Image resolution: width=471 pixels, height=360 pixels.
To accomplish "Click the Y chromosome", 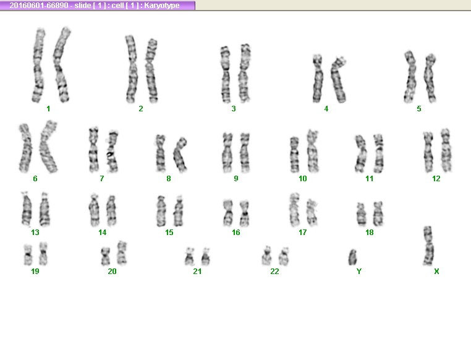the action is pos(352,257).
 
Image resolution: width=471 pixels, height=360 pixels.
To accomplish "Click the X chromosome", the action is pos(428,246).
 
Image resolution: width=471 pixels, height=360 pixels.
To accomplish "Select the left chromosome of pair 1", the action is pos(38,65).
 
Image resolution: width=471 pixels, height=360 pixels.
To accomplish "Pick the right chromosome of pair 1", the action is pos(61,64).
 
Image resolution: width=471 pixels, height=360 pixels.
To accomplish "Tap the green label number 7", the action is pos(102,179).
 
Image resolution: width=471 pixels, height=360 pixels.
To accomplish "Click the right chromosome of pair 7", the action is pos(112,152).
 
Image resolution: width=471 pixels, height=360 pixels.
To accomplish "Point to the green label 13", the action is pos(35,233).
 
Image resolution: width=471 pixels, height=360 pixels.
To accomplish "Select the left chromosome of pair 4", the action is pos(318,79).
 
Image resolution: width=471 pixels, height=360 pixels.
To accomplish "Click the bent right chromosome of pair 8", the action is pos(180,155).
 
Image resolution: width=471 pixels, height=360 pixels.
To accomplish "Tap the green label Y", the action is pos(359,272).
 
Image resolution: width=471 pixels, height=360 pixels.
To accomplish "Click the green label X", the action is pos(436,272).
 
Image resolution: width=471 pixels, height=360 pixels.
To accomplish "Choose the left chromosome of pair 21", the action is pos(189,257).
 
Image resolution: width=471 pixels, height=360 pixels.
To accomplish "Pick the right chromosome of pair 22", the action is pos(284,256).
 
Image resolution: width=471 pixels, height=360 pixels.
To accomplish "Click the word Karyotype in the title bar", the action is pos(162,6).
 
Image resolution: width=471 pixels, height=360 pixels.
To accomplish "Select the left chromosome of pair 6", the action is pos(25,148).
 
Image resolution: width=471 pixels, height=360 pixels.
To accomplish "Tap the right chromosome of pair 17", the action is pos(312,213).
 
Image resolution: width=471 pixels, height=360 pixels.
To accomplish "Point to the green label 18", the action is pos(370,233).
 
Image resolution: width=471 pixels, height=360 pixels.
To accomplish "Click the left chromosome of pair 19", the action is pos(28,255).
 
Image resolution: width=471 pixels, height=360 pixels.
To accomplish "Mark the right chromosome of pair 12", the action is pos(446,150).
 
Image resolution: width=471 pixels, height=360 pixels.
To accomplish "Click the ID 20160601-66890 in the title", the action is pos(39,6).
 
